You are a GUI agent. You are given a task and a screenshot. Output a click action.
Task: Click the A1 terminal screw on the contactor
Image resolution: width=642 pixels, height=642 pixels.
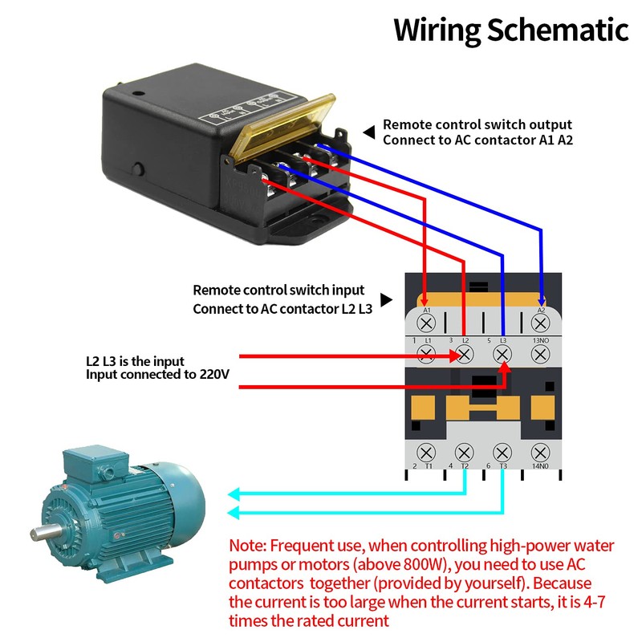(x=427, y=323)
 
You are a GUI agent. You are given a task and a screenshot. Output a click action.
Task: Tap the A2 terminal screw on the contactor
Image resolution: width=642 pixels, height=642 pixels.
(x=540, y=323)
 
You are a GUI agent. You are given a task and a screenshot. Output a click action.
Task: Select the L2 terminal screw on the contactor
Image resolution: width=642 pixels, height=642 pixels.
(x=465, y=354)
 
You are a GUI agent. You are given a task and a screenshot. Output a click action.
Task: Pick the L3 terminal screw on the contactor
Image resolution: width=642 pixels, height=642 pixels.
(x=502, y=354)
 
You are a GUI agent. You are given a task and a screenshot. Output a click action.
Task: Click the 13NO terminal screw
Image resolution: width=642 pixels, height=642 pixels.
(x=540, y=354)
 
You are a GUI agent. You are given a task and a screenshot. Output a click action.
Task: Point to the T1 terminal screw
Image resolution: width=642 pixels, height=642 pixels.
(x=427, y=452)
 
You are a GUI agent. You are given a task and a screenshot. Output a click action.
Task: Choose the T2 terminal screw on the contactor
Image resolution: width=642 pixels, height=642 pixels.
(x=465, y=452)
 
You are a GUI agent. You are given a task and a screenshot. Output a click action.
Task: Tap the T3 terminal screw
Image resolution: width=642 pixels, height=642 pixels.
(x=502, y=452)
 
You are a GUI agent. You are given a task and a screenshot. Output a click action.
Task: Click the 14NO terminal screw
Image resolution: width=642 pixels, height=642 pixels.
(x=540, y=452)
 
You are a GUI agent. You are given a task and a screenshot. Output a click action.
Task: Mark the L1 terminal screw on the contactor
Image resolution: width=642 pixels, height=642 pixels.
(x=427, y=354)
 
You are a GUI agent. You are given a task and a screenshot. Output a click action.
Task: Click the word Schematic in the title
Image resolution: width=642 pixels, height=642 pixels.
(x=559, y=30)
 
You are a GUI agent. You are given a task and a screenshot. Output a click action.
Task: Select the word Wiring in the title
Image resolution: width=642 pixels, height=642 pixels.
(x=437, y=30)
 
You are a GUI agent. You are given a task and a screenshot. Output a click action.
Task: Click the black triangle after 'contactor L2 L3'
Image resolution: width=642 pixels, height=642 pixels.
(x=386, y=299)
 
